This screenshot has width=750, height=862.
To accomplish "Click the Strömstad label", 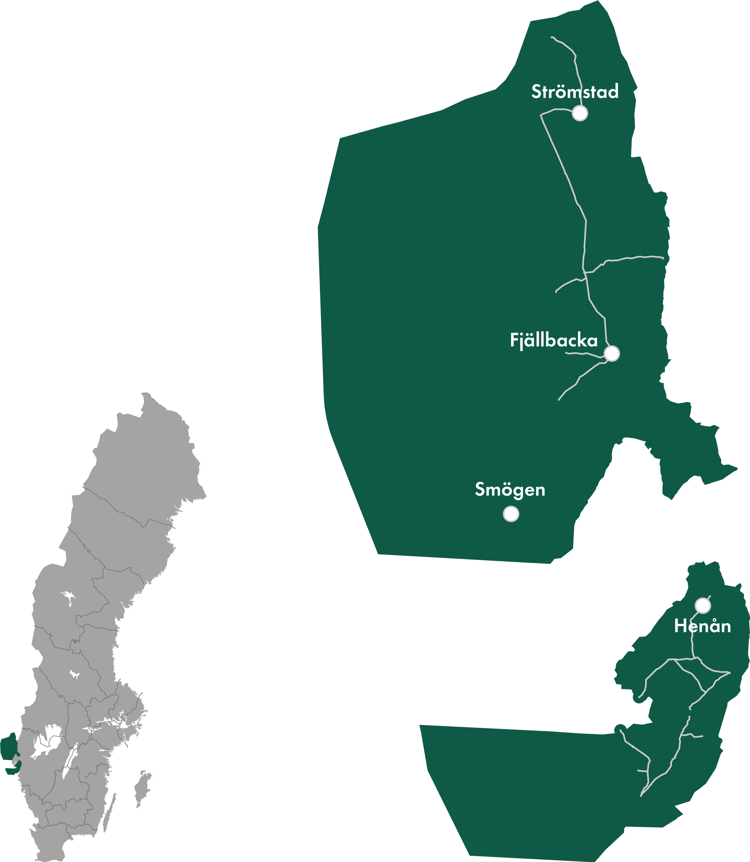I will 575,91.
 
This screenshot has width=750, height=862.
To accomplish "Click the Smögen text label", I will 510,489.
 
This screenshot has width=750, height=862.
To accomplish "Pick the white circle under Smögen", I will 511,514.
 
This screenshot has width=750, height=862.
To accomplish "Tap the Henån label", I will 702,626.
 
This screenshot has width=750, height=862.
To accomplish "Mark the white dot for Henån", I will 703,605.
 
